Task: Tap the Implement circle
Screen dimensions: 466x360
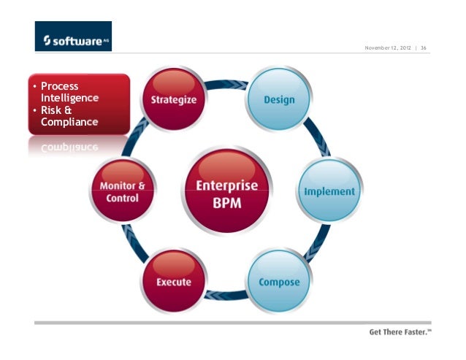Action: click(329, 191)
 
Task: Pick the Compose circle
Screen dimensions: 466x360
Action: click(278, 282)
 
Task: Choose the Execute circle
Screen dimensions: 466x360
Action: click(174, 282)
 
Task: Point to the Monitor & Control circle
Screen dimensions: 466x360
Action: click(123, 191)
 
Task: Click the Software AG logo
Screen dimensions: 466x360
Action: click(73, 37)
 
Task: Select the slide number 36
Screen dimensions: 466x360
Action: click(424, 50)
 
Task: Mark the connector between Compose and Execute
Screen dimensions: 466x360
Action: click(226, 296)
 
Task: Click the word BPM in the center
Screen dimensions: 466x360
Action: click(226, 202)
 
